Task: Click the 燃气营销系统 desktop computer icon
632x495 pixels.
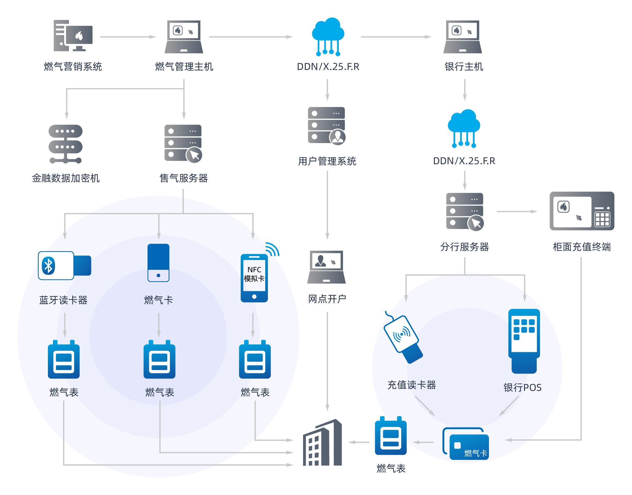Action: pyautogui.click(x=73, y=36)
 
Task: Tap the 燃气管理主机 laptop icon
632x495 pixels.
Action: pyautogui.click(x=184, y=37)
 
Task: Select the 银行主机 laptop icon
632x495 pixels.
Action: pyautogui.click(x=462, y=37)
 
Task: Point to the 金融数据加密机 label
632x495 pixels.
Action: pyautogui.click(x=66, y=178)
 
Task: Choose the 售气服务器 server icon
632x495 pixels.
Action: pyautogui.click(x=183, y=143)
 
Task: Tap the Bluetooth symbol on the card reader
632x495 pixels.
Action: pyautogui.click(x=48, y=265)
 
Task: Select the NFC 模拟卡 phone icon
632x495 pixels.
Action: pyautogui.click(x=254, y=278)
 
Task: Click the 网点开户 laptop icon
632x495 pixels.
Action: pyautogui.click(x=326, y=267)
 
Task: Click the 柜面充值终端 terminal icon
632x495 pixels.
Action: pyautogui.click(x=582, y=211)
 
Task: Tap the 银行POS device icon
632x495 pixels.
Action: pyautogui.click(x=524, y=341)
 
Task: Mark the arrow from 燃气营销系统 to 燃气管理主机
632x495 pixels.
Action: pyautogui.click(x=128, y=37)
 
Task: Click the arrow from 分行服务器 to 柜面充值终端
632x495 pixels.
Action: pyautogui.click(x=517, y=212)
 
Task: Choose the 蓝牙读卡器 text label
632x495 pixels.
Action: pyautogui.click(x=63, y=300)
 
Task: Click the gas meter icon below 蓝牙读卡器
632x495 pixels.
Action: pyautogui.click(x=64, y=360)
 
